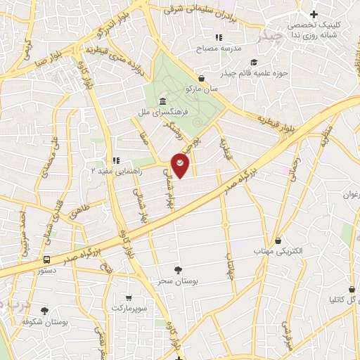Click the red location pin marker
click(181, 165)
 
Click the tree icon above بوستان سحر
click(179, 270)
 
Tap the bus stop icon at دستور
click(46, 259)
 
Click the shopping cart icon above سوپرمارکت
click(128, 297)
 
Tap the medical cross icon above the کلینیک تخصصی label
click(314, 13)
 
